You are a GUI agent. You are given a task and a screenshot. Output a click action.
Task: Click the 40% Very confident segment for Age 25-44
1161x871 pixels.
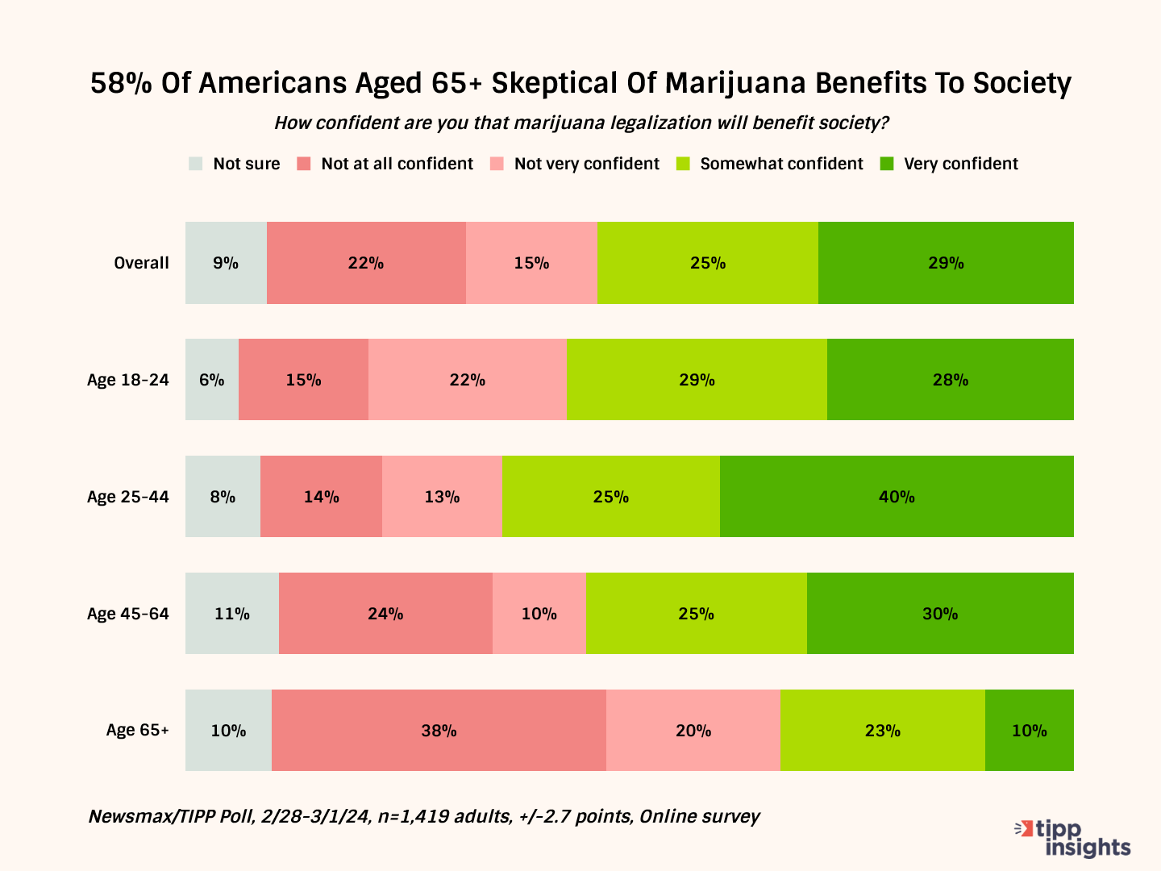pyautogui.click(x=897, y=497)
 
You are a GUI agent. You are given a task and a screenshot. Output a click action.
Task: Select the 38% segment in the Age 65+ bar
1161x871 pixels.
pyautogui.click(x=439, y=731)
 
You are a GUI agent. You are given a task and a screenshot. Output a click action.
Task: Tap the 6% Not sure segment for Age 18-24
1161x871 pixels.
pyautogui.click(x=212, y=380)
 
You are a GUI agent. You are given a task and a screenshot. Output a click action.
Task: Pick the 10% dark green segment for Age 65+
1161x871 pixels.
pyautogui.click(x=1030, y=731)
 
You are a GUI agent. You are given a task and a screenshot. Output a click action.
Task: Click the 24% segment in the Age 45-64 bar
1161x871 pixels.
pyautogui.click(x=385, y=614)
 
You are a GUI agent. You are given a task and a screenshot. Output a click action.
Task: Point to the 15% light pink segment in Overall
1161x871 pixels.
pyautogui.click(x=531, y=263)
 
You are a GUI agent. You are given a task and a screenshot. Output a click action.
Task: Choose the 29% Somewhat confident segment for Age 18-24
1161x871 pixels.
pyautogui.click(x=697, y=380)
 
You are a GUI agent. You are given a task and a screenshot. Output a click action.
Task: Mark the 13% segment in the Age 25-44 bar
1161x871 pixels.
pyautogui.click(x=442, y=497)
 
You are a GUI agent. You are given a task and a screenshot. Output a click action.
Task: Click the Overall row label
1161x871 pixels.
pyautogui.click(x=141, y=263)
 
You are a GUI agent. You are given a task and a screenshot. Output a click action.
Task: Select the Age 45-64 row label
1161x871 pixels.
pyautogui.click(x=128, y=614)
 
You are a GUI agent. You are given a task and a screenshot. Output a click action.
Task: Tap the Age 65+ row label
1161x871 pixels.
pyautogui.click(x=138, y=731)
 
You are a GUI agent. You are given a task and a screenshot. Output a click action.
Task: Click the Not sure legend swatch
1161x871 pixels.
pyautogui.click(x=196, y=164)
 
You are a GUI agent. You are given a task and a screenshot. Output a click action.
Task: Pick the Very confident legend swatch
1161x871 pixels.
pyautogui.click(x=887, y=164)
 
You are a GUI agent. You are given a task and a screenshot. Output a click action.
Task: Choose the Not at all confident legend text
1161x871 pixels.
pyautogui.click(x=397, y=164)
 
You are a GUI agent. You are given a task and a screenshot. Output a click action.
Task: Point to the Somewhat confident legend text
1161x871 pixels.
pyautogui.click(x=781, y=164)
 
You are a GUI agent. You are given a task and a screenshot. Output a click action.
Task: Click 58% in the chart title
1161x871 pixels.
pyautogui.click(x=121, y=83)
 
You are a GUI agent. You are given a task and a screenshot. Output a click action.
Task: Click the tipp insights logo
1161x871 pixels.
pyautogui.click(x=1073, y=839)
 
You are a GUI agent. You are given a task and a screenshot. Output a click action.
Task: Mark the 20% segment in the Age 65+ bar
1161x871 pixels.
pyautogui.click(x=693, y=731)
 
